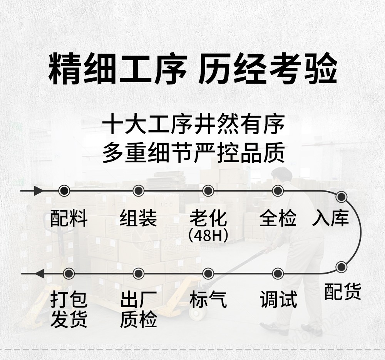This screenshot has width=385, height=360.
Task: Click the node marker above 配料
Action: [x=64, y=191]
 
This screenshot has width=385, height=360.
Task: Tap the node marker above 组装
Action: [x=138, y=191]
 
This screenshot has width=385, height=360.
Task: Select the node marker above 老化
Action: [x=208, y=191]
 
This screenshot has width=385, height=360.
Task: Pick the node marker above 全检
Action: [x=278, y=191]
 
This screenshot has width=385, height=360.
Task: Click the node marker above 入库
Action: [x=341, y=197]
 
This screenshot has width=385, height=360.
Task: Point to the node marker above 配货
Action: [x=341, y=267]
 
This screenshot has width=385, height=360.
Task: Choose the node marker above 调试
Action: [x=278, y=274]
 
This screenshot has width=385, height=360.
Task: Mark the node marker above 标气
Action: [x=208, y=274]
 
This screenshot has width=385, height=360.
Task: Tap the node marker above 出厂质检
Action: [x=138, y=274]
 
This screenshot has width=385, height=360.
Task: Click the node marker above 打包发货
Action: [x=69, y=274]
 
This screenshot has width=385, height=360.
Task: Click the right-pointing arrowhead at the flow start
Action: [x=38, y=191]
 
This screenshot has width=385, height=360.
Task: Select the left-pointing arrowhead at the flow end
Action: [x=40, y=274]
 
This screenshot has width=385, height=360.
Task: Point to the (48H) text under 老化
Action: [x=208, y=236]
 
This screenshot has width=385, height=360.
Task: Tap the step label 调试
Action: [x=278, y=299]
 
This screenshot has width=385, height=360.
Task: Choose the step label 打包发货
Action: [x=69, y=310]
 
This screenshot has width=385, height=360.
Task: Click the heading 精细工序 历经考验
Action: [x=192, y=68]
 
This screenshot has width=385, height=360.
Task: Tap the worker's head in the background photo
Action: [x=282, y=175]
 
